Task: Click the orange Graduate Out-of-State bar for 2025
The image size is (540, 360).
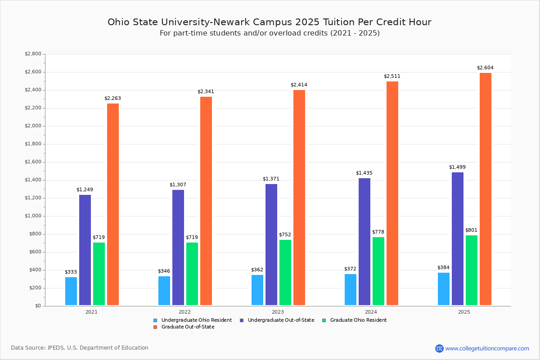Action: point(486,189)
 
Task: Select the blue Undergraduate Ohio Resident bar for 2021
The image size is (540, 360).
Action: point(71,291)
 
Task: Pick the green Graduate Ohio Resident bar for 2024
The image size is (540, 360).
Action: point(378,271)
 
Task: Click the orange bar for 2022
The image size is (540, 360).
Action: point(206,201)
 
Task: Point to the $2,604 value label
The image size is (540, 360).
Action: point(485,68)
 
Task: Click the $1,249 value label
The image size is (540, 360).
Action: point(85,190)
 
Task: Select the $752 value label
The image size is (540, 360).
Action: point(285,235)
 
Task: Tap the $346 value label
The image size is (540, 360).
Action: point(164,271)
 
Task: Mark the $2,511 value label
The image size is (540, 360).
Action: point(392,76)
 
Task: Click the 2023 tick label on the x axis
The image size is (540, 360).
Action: point(278,312)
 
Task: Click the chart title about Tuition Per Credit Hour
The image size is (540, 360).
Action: point(270,22)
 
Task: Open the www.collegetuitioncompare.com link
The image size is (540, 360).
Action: point(487,348)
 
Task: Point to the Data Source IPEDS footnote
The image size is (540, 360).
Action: point(80,348)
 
